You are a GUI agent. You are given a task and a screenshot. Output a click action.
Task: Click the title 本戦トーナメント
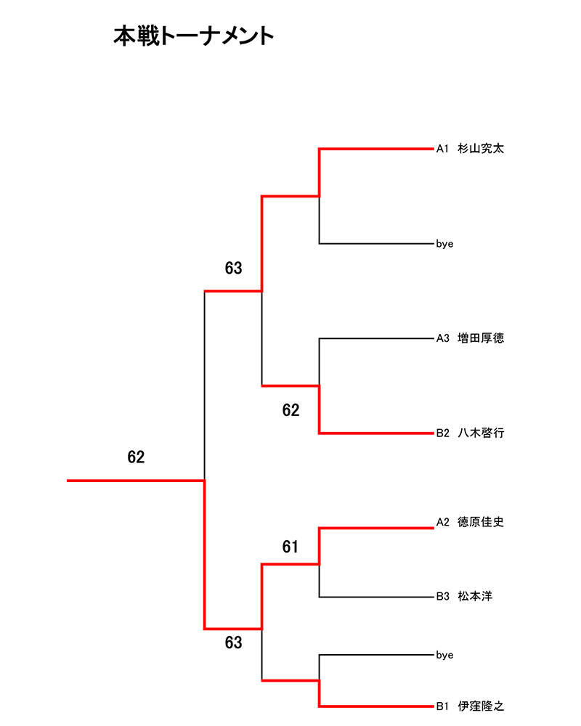pyautogui.click(x=194, y=36)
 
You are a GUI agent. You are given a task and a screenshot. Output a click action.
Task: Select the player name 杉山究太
pyautogui.click(x=481, y=149)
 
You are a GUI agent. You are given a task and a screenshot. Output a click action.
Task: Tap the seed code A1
pyautogui.click(x=443, y=149)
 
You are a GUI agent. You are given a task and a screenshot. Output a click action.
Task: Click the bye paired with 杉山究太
pyautogui.click(x=444, y=244)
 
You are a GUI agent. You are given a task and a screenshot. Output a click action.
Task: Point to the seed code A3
pyautogui.click(x=444, y=338)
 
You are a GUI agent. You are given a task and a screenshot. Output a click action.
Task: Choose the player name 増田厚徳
pyautogui.click(x=481, y=338)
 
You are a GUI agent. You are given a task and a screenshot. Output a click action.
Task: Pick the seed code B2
pyautogui.click(x=444, y=433)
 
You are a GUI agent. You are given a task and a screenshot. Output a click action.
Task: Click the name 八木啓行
pyautogui.click(x=481, y=433)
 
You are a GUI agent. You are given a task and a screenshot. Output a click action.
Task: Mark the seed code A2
pyautogui.click(x=444, y=521)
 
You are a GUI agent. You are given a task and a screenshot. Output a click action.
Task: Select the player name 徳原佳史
pyautogui.click(x=481, y=521)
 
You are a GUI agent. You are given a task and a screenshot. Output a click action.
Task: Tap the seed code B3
pyautogui.click(x=444, y=597)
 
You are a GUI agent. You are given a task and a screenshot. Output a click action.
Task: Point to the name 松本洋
pyautogui.click(x=475, y=597)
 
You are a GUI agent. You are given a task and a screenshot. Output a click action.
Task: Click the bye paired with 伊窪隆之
pyautogui.click(x=444, y=655)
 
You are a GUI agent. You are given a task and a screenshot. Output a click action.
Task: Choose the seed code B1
pyautogui.click(x=444, y=705)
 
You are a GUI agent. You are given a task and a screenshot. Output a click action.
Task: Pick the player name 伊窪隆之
pyautogui.click(x=481, y=705)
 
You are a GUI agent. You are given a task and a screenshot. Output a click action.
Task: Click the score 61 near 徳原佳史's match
pyautogui.click(x=290, y=547)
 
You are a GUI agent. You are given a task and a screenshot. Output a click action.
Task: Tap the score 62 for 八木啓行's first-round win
pyautogui.click(x=290, y=411)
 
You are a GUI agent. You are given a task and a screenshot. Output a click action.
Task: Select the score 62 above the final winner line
pyautogui.click(x=136, y=457)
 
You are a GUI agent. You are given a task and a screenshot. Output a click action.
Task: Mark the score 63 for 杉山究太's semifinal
pyautogui.click(x=233, y=269)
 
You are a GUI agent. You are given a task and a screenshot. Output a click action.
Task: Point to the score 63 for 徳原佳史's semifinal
pyautogui.click(x=233, y=643)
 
